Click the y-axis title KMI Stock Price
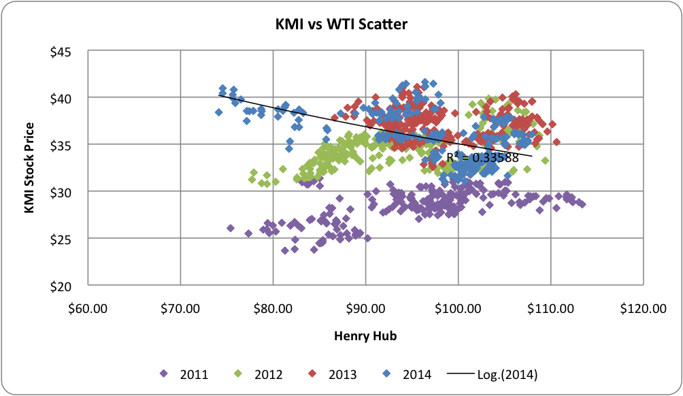[x=29, y=168]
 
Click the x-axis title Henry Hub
[x=365, y=335]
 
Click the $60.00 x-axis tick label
[x=88, y=309]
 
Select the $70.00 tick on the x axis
[x=180, y=309]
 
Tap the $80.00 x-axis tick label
[x=273, y=309]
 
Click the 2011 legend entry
[x=188, y=374]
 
